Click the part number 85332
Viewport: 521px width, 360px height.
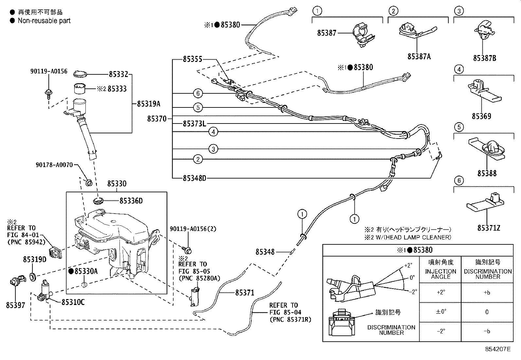point(118,75)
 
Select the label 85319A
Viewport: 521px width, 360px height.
point(148,104)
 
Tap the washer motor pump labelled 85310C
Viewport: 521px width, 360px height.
point(45,291)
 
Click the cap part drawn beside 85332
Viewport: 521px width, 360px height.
point(79,74)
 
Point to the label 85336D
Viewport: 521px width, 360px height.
point(131,201)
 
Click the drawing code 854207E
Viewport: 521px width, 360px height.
point(497,349)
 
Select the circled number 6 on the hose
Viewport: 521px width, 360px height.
point(198,94)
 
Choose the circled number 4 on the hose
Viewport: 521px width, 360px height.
point(213,132)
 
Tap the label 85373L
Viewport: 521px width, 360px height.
point(194,123)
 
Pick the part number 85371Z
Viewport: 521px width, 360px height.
point(488,228)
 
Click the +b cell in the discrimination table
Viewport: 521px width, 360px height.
point(487,293)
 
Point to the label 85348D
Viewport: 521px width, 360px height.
point(194,178)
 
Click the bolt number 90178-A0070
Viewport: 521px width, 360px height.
point(54,165)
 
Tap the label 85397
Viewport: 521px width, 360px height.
point(15,305)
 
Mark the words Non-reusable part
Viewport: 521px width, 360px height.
point(44,21)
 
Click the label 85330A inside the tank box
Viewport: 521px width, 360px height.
point(86,271)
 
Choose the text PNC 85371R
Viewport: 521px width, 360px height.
point(290,319)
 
